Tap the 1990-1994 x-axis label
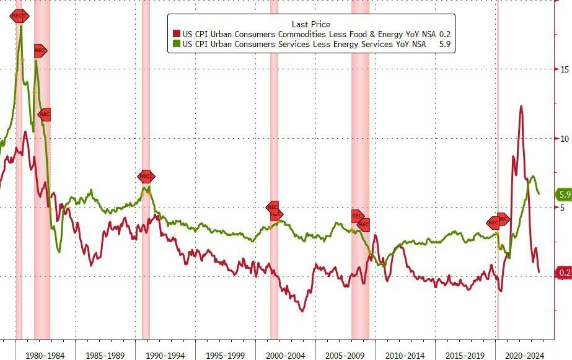tap(165, 355)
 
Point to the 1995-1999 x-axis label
tap(225, 355)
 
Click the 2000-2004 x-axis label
tap(286, 355)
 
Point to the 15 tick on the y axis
tap(565, 69)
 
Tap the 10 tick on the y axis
tap(565, 138)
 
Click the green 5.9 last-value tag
tap(564, 195)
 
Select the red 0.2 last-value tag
tap(564, 273)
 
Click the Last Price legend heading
tap(310, 25)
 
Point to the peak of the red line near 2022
tap(521, 106)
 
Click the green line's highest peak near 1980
tap(22, 26)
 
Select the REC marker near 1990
tap(146, 177)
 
